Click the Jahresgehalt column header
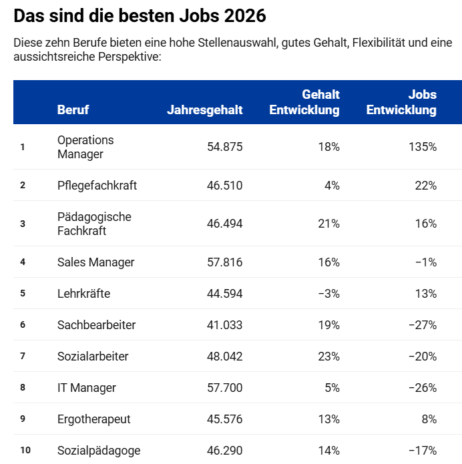[205, 110]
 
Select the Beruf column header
[73, 110]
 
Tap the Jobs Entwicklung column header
[402, 102]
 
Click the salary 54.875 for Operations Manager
[225, 147]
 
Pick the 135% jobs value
[423, 147]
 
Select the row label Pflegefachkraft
[97, 185]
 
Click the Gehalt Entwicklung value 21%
[329, 224]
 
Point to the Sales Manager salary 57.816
[225, 262]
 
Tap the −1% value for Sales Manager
[426, 262]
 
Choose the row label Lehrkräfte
[83, 294]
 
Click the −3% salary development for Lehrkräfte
[329, 294]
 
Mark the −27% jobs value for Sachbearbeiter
[423, 325]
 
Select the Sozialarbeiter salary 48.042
[225, 357]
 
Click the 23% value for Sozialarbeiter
[329, 357]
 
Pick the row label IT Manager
[87, 388]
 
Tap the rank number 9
[23, 419]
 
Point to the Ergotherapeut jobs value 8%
[429, 419]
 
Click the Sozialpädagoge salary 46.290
[225, 451]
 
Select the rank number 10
[25, 451]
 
